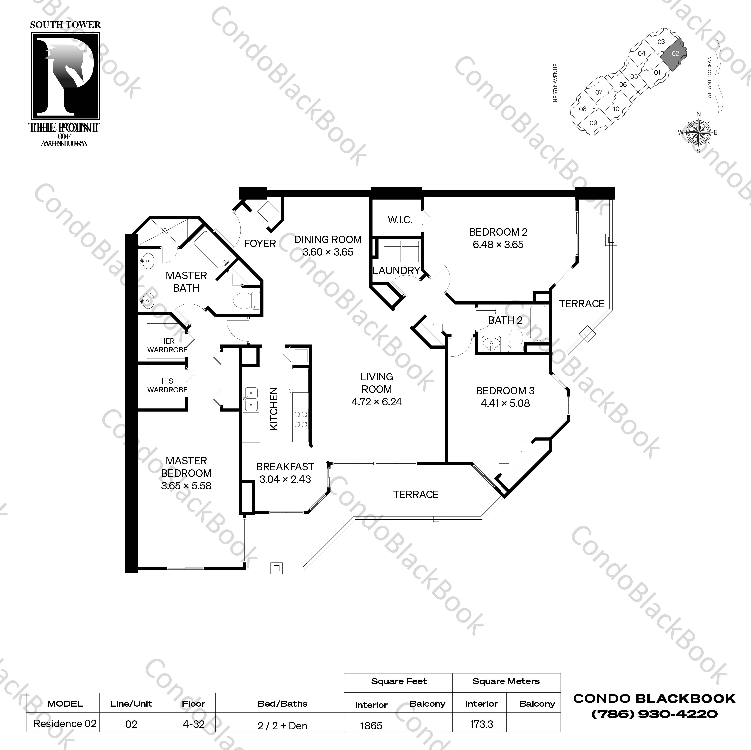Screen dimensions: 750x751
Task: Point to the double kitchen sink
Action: (251, 399)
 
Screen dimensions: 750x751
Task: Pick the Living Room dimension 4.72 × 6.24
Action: (376, 402)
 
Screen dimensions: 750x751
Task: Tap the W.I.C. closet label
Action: (400, 220)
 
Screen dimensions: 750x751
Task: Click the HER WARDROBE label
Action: (167, 345)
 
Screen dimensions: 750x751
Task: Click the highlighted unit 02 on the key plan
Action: (675, 54)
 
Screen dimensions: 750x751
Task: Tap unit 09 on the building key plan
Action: (593, 123)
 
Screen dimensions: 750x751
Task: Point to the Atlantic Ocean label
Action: (709, 77)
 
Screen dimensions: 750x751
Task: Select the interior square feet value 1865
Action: (371, 726)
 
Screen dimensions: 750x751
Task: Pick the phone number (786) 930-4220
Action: (654, 714)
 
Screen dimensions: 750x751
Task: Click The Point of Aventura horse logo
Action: (65, 76)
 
